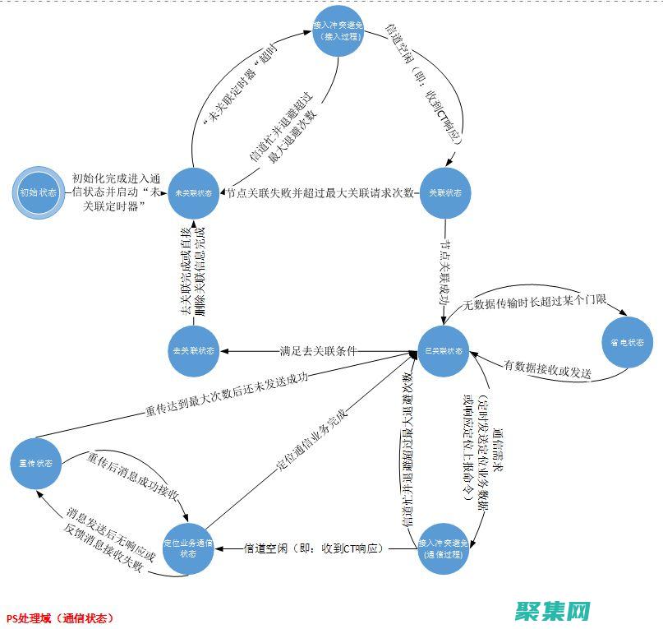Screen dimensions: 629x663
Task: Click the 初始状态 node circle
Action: click(x=36, y=193)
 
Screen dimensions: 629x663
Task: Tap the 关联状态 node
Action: click(x=445, y=193)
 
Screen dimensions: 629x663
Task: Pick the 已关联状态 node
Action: click(x=445, y=351)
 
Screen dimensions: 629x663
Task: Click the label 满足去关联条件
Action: click(x=319, y=351)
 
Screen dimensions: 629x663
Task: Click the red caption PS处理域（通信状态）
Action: click(x=60, y=617)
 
